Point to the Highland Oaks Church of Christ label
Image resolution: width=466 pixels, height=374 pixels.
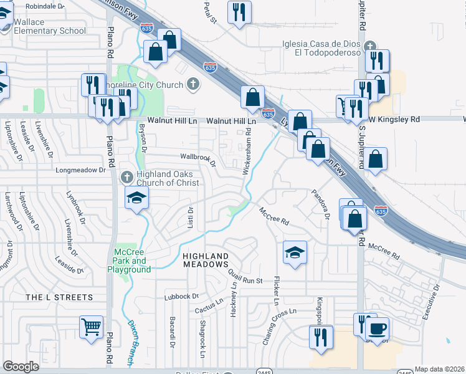click(x=168, y=178)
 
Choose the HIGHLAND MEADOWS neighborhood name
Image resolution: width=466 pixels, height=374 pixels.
click(x=206, y=260)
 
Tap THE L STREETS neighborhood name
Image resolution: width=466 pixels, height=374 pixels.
click(x=59, y=297)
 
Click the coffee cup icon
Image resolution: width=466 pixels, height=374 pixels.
click(x=376, y=327)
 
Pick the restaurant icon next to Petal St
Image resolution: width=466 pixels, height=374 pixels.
click(x=239, y=12)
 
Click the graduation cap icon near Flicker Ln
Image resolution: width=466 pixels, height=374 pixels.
click(x=295, y=252)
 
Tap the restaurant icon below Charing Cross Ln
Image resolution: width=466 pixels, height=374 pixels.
click(x=321, y=337)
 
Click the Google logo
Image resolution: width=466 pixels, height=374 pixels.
click(x=21, y=367)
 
